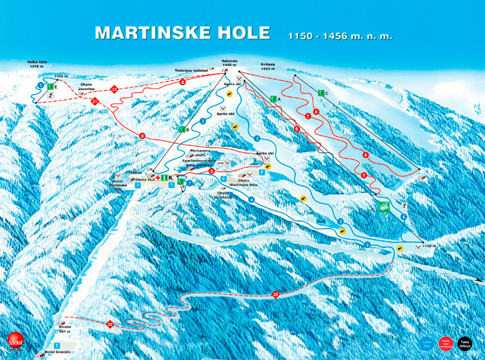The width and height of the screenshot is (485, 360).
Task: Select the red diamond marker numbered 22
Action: (114, 88)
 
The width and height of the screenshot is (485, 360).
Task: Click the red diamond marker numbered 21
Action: (95, 101)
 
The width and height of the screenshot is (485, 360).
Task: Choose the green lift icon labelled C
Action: (321, 93)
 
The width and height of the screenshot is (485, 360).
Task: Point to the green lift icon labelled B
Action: (182, 129)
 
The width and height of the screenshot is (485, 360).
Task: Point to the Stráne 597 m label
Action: (65, 328)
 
